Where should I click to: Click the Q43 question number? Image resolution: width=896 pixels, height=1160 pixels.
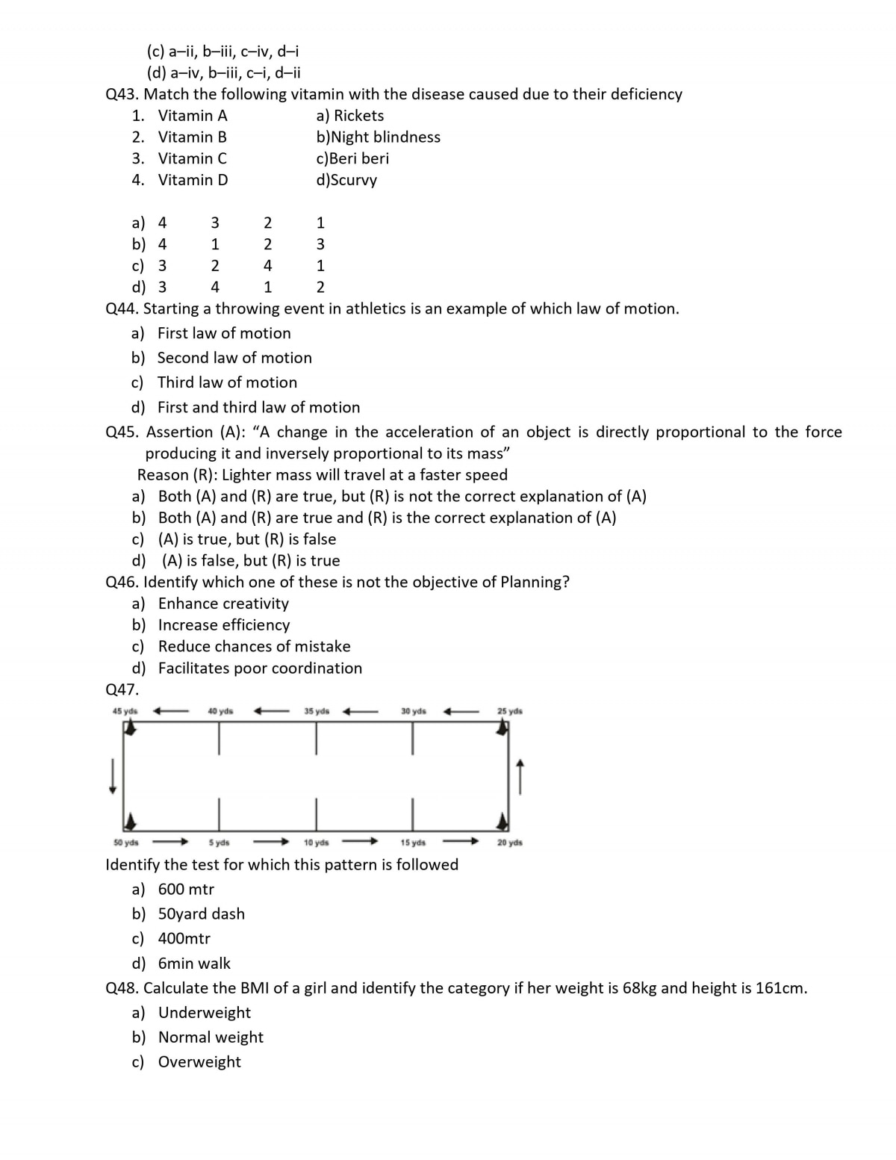tap(122, 94)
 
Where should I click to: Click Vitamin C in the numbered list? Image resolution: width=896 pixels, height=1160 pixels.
tap(193, 158)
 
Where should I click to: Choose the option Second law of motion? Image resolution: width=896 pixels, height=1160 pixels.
tap(234, 358)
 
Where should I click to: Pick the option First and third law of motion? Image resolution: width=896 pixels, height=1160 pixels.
tap(258, 407)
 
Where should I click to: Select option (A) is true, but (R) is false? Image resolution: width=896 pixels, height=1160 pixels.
tap(247, 539)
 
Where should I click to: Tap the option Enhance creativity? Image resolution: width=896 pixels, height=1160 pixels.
tap(223, 604)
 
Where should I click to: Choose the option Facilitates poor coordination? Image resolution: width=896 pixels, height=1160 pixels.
tap(260, 669)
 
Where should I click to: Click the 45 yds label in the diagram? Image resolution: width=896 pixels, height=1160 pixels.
tap(125, 711)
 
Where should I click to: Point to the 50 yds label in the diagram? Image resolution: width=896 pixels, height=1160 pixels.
tap(126, 843)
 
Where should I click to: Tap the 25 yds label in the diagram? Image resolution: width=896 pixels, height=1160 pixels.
tap(510, 711)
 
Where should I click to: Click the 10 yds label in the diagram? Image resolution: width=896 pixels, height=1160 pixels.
tap(317, 843)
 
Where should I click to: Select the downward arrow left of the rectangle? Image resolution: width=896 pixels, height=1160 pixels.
tap(113, 776)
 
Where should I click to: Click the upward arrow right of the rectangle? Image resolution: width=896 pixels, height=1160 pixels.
tap(520, 778)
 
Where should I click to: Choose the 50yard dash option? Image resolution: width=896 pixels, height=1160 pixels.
tap(202, 914)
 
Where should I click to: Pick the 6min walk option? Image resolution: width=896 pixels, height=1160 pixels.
tap(194, 964)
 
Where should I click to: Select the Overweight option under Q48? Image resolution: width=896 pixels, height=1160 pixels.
tap(199, 1062)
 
